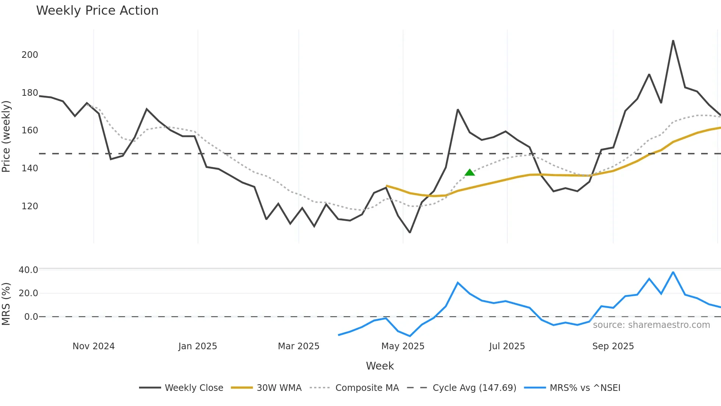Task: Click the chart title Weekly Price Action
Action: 97,11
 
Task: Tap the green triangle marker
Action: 469,172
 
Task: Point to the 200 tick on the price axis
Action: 30,55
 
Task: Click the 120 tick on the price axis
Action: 30,206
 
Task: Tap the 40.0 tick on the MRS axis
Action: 28,270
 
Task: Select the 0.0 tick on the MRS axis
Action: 31,317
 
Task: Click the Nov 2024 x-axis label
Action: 93,346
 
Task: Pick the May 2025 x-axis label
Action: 403,346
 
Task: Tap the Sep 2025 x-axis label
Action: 613,346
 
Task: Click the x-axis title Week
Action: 380,366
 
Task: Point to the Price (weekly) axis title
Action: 6,136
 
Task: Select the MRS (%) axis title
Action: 6,304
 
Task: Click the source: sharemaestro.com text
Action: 651,325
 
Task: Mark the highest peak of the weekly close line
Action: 673,41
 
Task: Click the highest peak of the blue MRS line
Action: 673,272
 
